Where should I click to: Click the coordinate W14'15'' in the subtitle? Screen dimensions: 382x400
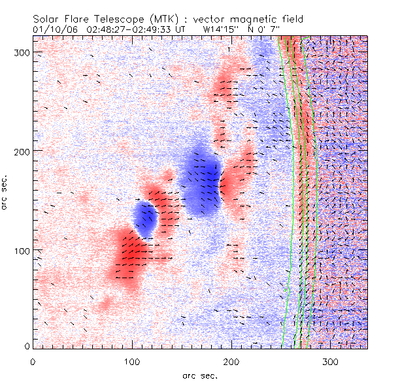220,30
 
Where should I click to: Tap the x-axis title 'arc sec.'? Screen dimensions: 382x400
199,375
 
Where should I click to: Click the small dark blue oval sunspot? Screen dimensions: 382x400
145,220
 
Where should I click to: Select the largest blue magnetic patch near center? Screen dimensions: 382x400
201,179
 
